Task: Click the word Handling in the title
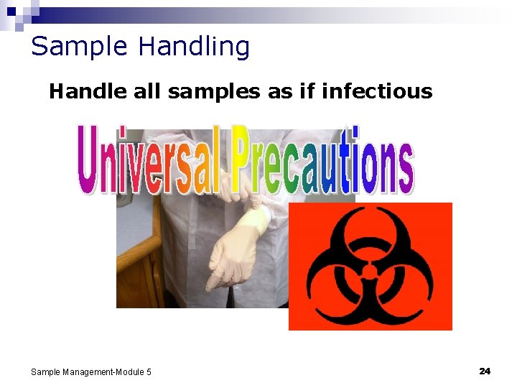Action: [194, 47]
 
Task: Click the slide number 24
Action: [485, 371]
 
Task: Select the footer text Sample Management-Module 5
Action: [91, 372]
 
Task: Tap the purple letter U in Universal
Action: [90, 161]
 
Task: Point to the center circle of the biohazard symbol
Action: [370, 272]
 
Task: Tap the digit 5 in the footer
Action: [149, 372]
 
